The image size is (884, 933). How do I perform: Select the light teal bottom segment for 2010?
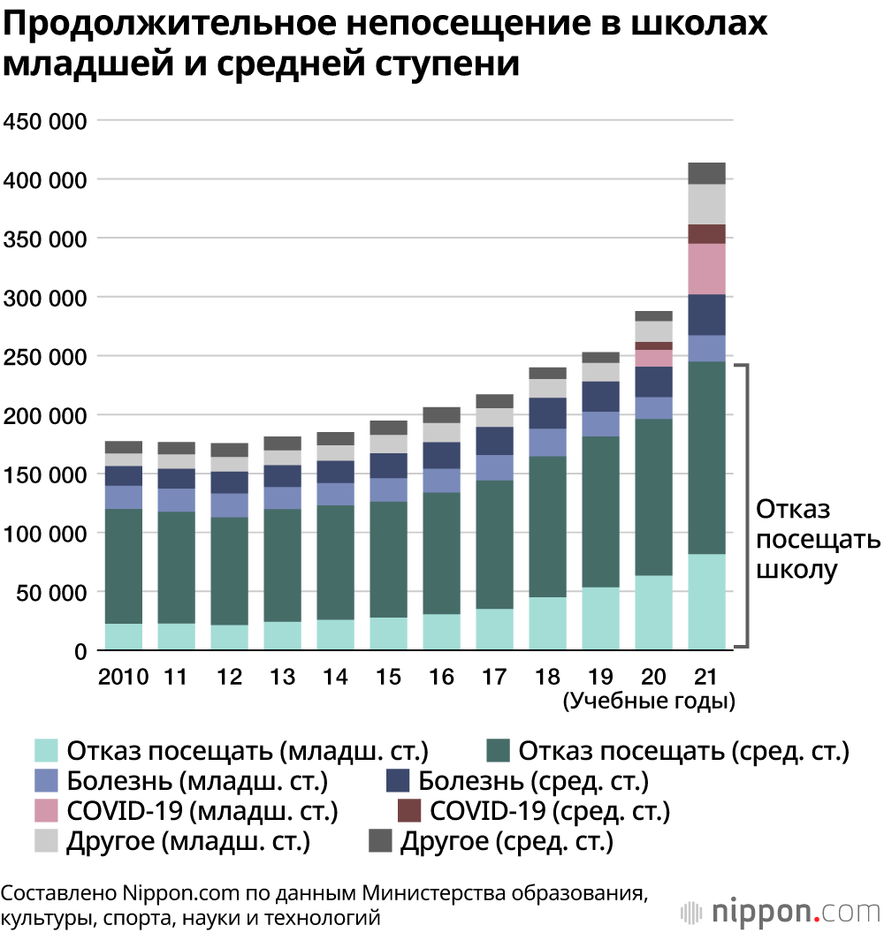(123, 636)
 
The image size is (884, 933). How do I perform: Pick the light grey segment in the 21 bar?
(706, 204)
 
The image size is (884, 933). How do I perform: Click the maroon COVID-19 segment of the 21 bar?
(706, 234)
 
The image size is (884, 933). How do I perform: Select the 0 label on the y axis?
(80, 652)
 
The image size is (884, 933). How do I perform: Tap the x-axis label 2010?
(123, 678)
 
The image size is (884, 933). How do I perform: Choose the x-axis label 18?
(547, 678)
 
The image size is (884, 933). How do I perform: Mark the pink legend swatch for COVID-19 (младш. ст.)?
(46, 810)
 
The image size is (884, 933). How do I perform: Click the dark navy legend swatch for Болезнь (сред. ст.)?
(399, 781)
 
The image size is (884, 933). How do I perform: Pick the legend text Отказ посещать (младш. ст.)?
(248, 752)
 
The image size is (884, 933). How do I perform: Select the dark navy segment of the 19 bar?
(600, 397)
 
